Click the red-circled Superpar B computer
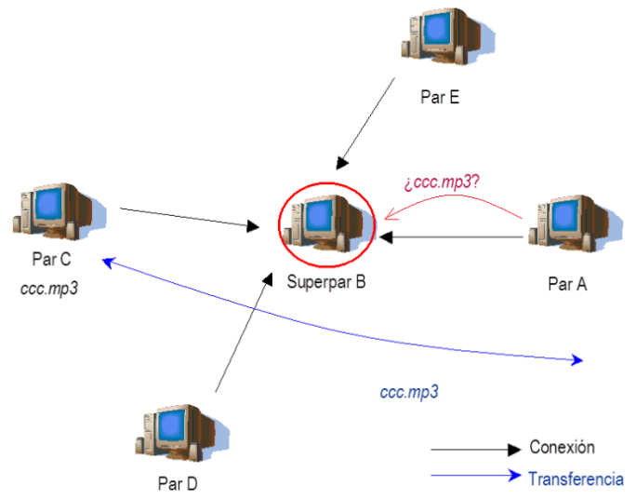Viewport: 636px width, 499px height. point(328,225)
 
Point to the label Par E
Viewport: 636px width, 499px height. point(440,97)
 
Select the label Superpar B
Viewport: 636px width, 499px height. point(326,283)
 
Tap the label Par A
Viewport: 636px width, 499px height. point(567,284)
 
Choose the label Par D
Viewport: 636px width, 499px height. point(178,483)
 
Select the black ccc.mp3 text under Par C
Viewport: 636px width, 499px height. point(48,289)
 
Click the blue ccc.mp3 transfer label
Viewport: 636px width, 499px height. point(409,393)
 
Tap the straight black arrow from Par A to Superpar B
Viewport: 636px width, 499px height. point(456,237)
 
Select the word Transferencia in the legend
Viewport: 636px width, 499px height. point(576,479)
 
